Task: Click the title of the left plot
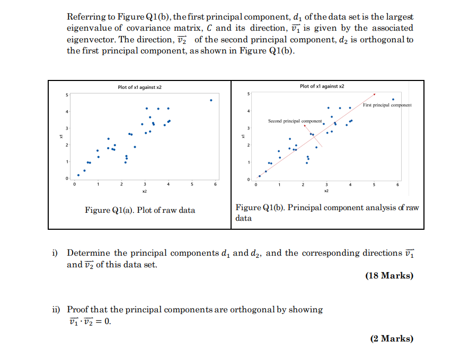[x=140, y=87]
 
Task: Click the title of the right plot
[x=322, y=86]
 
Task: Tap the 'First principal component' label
[x=387, y=105]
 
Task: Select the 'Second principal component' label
[x=295, y=121]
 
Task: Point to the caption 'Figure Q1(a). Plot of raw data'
[x=140, y=210]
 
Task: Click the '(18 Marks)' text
[x=389, y=276]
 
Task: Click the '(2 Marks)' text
[x=392, y=339]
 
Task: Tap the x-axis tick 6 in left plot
[x=215, y=185]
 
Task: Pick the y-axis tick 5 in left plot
[x=67, y=95]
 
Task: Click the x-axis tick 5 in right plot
[x=373, y=185]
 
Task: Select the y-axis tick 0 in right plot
[x=247, y=180]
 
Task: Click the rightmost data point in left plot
[x=211, y=100]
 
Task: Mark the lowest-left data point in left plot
[x=78, y=175]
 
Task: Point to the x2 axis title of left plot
[x=145, y=190]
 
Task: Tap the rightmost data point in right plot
[x=393, y=99]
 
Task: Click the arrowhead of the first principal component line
[x=375, y=95]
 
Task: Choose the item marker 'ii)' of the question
[x=56, y=310]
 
